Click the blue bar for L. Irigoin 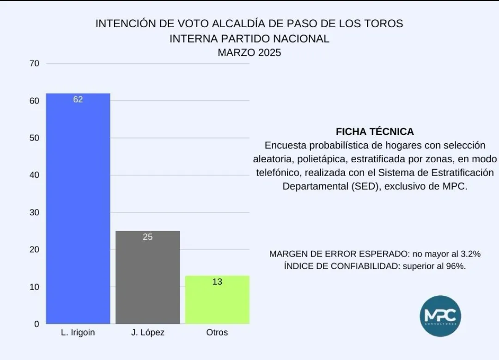[x=78, y=208]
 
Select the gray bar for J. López [x=147, y=277]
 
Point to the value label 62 [x=78, y=99]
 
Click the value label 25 [x=147, y=237]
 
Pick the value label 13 [x=217, y=281]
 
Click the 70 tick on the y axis [x=35, y=63]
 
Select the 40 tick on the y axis [x=35, y=175]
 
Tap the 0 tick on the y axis [x=37, y=324]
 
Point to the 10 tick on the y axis [x=35, y=287]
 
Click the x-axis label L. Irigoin [x=78, y=333]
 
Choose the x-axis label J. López [x=147, y=333]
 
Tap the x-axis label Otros [x=217, y=333]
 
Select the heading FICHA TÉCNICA [x=375, y=132]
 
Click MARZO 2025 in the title [x=249, y=53]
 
